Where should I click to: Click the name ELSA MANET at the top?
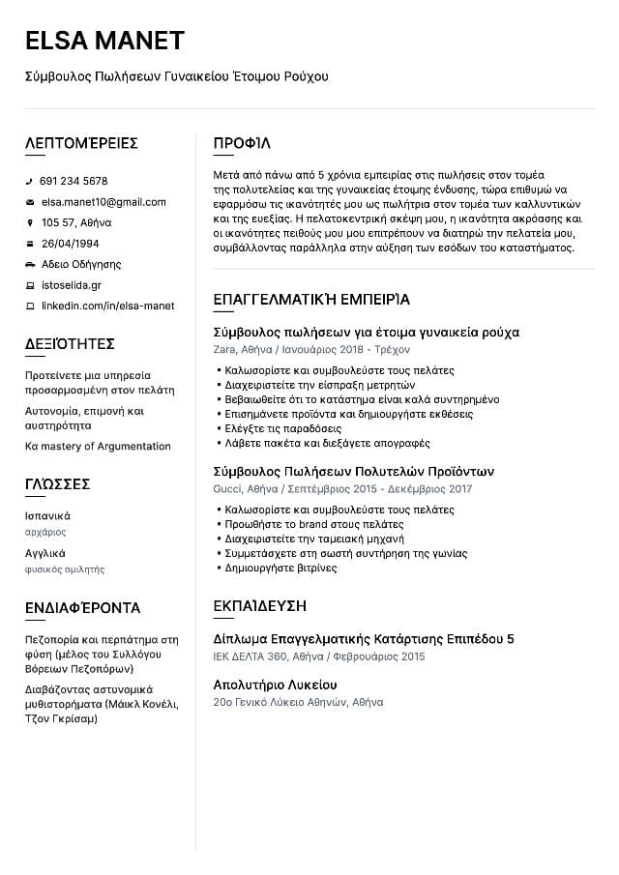pos(104,41)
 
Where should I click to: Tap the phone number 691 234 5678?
pos(74,181)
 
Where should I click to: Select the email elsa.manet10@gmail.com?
pos(103,202)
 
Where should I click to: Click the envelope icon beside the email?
pos(30,202)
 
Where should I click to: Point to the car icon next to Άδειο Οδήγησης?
pos(30,264)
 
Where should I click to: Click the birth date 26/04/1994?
pos(70,244)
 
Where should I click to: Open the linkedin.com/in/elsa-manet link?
pos(107,306)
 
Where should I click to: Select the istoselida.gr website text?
pos(71,285)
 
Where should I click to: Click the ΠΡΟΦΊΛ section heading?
pos(242,143)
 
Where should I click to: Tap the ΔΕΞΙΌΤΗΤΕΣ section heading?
pos(70,343)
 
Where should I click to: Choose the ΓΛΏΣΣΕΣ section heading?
pos(57,483)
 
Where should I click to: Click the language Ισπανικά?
pos(47,515)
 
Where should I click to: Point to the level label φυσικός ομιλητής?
pos(65,569)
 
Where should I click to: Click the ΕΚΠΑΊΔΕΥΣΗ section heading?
pos(259,606)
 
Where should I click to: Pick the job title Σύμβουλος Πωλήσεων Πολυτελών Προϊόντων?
pos(353,472)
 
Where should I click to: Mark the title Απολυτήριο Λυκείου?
pos(275,685)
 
